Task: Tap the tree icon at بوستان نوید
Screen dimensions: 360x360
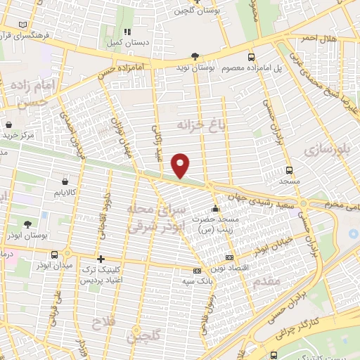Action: coord(195,56)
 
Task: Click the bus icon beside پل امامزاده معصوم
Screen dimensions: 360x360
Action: coord(251,56)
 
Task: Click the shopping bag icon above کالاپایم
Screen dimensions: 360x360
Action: coord(56,179)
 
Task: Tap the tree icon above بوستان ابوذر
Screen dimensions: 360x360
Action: coord(27,224)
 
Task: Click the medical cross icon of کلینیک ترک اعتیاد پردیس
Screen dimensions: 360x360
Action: coord(101,259)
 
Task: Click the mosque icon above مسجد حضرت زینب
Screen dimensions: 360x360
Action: coord(215,209)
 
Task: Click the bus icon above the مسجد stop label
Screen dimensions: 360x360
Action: coord(288,170)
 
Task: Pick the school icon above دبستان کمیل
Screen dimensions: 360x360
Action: coord(127,32)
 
